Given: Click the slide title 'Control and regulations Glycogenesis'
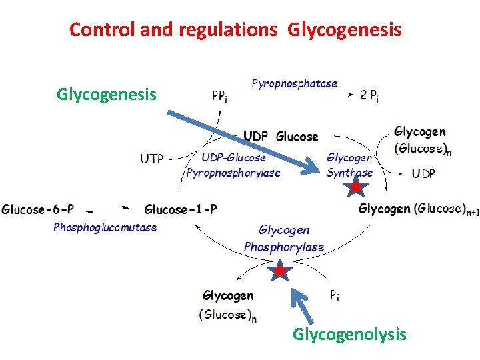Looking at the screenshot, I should [x=235, y=30].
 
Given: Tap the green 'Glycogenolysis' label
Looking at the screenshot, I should [x=349, y=334].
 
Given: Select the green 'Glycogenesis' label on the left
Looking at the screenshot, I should [x=107, y=95].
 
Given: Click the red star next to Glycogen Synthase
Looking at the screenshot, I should [x=357, y=187].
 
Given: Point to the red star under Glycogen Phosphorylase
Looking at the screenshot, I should [x=280, y=271].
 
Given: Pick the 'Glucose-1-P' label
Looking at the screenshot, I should [x=181, y=209].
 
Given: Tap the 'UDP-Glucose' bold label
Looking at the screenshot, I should [x=280, y=137].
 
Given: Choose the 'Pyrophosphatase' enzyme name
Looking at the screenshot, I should [x=294, y=84].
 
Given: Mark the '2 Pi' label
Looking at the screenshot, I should [x=370, y=96].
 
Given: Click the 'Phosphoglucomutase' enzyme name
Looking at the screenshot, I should [x=105, y=227].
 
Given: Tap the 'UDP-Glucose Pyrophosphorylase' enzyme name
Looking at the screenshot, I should [x=233, y=165].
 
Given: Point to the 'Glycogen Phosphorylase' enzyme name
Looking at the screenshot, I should [x=284, y=239].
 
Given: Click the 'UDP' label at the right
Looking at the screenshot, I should [x=423, y=173].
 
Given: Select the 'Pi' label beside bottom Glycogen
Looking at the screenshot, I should [x=334, y=296].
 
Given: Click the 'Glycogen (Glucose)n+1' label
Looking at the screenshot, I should [x=419, y=209].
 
